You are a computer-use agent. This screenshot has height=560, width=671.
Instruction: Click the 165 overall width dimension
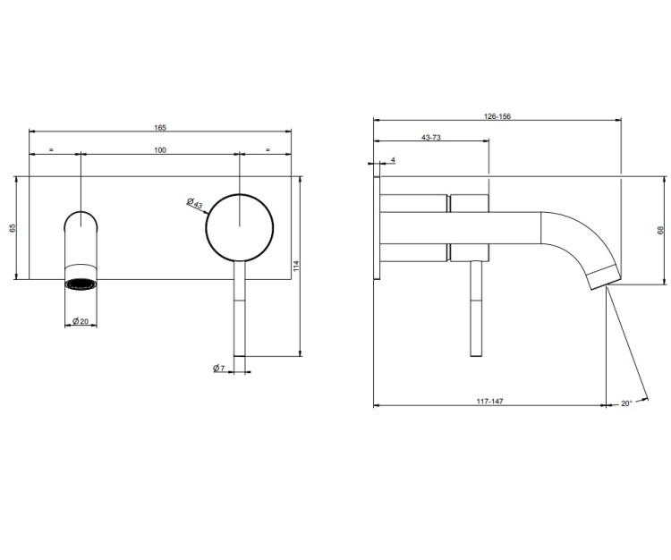pos(160,128)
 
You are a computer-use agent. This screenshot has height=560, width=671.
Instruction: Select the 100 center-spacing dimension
pos(160,149)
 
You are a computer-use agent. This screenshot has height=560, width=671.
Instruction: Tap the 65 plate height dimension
pos(13,228)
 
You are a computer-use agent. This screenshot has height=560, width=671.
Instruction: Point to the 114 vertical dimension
pos(296,266)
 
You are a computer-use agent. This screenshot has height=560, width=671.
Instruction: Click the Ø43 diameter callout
pos(195,203)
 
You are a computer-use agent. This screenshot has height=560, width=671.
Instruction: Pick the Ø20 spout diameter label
pos(81,321)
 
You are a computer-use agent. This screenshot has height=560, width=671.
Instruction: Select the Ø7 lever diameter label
pos(218,368)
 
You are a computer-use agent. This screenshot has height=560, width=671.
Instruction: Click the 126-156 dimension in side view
pos(497,116)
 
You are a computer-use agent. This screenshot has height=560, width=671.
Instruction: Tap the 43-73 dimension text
pos(431,138)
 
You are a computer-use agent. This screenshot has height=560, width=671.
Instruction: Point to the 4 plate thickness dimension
pos(394,160)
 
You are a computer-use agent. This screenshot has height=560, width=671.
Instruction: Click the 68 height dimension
pos(660,230)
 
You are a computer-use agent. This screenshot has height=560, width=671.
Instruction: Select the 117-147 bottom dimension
pos(490,401)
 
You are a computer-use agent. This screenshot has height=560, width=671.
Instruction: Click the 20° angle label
pos(626,403)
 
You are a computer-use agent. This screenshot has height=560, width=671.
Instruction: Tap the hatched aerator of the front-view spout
pos(81,284)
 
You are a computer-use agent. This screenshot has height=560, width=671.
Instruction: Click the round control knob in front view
pos(240,227)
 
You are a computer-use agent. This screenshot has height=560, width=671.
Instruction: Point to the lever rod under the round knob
pos(240,309)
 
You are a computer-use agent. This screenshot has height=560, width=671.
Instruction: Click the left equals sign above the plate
pos(51,149)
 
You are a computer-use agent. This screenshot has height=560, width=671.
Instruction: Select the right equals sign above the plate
pos(268,149)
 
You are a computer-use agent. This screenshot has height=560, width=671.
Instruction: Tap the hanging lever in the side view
pos(476,309)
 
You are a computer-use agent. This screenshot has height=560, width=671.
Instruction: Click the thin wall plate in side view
pos(377,227)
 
